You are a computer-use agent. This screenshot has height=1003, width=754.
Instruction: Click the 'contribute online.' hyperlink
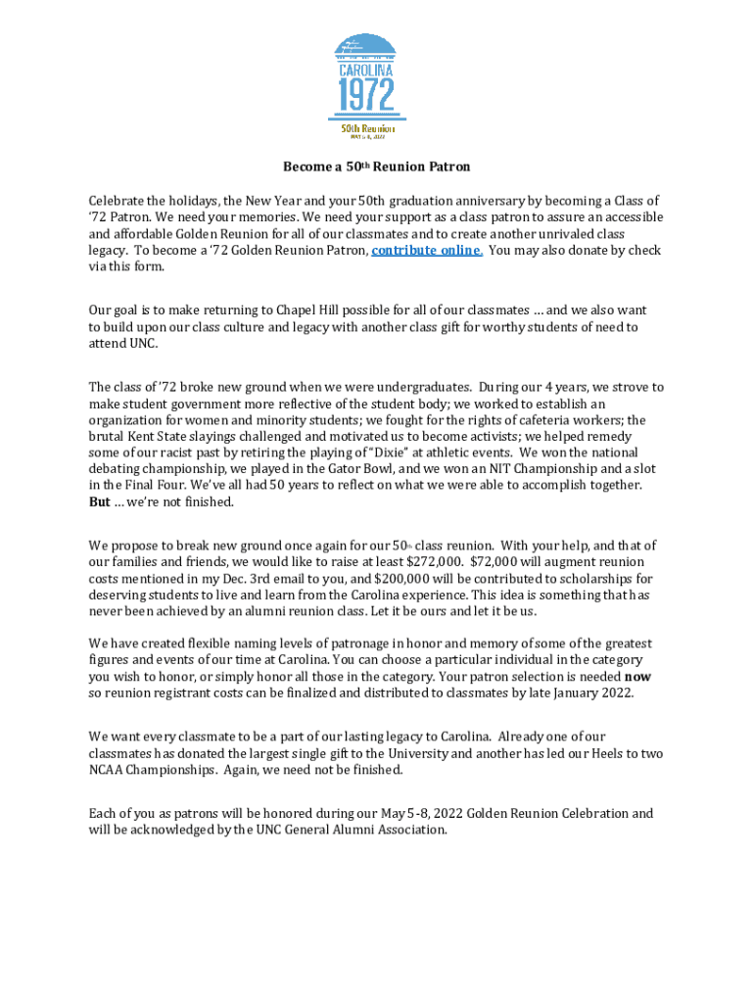click(426, 251)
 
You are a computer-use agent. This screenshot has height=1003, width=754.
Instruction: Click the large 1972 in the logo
click(366, 97)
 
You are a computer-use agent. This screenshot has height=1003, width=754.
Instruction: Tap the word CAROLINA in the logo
click(366, 71)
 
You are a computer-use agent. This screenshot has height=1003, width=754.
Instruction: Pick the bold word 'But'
click(100, 501)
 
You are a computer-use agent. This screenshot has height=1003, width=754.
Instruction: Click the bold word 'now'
click(637, 676)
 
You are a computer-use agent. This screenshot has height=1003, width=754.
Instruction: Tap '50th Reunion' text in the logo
click(367, 128)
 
